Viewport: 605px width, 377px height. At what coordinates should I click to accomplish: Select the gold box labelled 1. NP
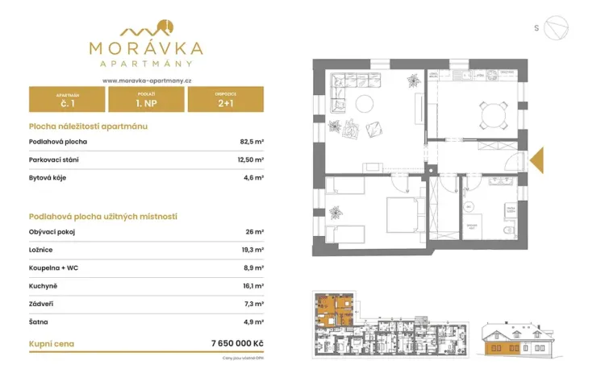146,100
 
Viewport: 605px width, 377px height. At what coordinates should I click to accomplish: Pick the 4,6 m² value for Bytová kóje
253,177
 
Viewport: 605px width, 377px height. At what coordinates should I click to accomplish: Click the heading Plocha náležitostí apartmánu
88,126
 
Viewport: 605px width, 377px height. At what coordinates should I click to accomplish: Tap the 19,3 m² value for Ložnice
252,250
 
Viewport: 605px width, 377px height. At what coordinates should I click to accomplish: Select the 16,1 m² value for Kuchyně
252,286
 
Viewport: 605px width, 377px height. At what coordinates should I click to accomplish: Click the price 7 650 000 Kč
236,343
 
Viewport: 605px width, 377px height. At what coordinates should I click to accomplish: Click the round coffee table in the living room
365,103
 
